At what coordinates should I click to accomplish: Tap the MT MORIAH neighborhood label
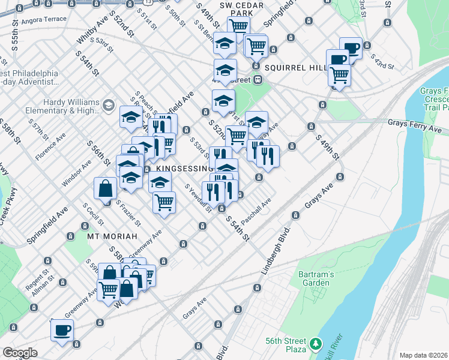click(x=113, y=236)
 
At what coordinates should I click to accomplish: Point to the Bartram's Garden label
click(x=314, y=278)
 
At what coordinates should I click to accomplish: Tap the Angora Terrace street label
click(x=43, y=19)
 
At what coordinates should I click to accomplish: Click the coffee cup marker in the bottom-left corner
click(x=62, y=330)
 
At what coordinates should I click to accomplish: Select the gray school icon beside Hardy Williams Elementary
click(x=108, y=106)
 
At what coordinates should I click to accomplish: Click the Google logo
click(x=20, y=353)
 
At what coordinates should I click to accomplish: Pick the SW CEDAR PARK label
click(x=226, y=8)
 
